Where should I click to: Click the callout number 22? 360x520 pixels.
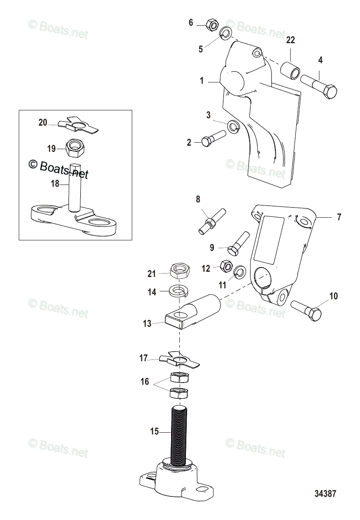point(290,40)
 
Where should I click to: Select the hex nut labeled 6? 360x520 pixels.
point(211,25)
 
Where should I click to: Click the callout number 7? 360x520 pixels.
point(339,217)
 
